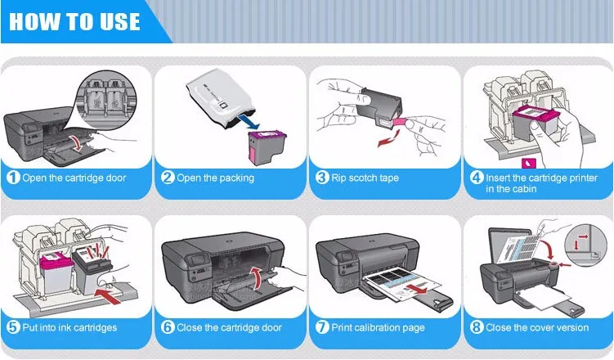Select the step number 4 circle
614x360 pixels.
476,178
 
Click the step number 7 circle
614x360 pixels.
321,327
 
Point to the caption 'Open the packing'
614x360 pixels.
215,178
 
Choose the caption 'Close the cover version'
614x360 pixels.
536,327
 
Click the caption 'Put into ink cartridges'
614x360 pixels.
69,327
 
